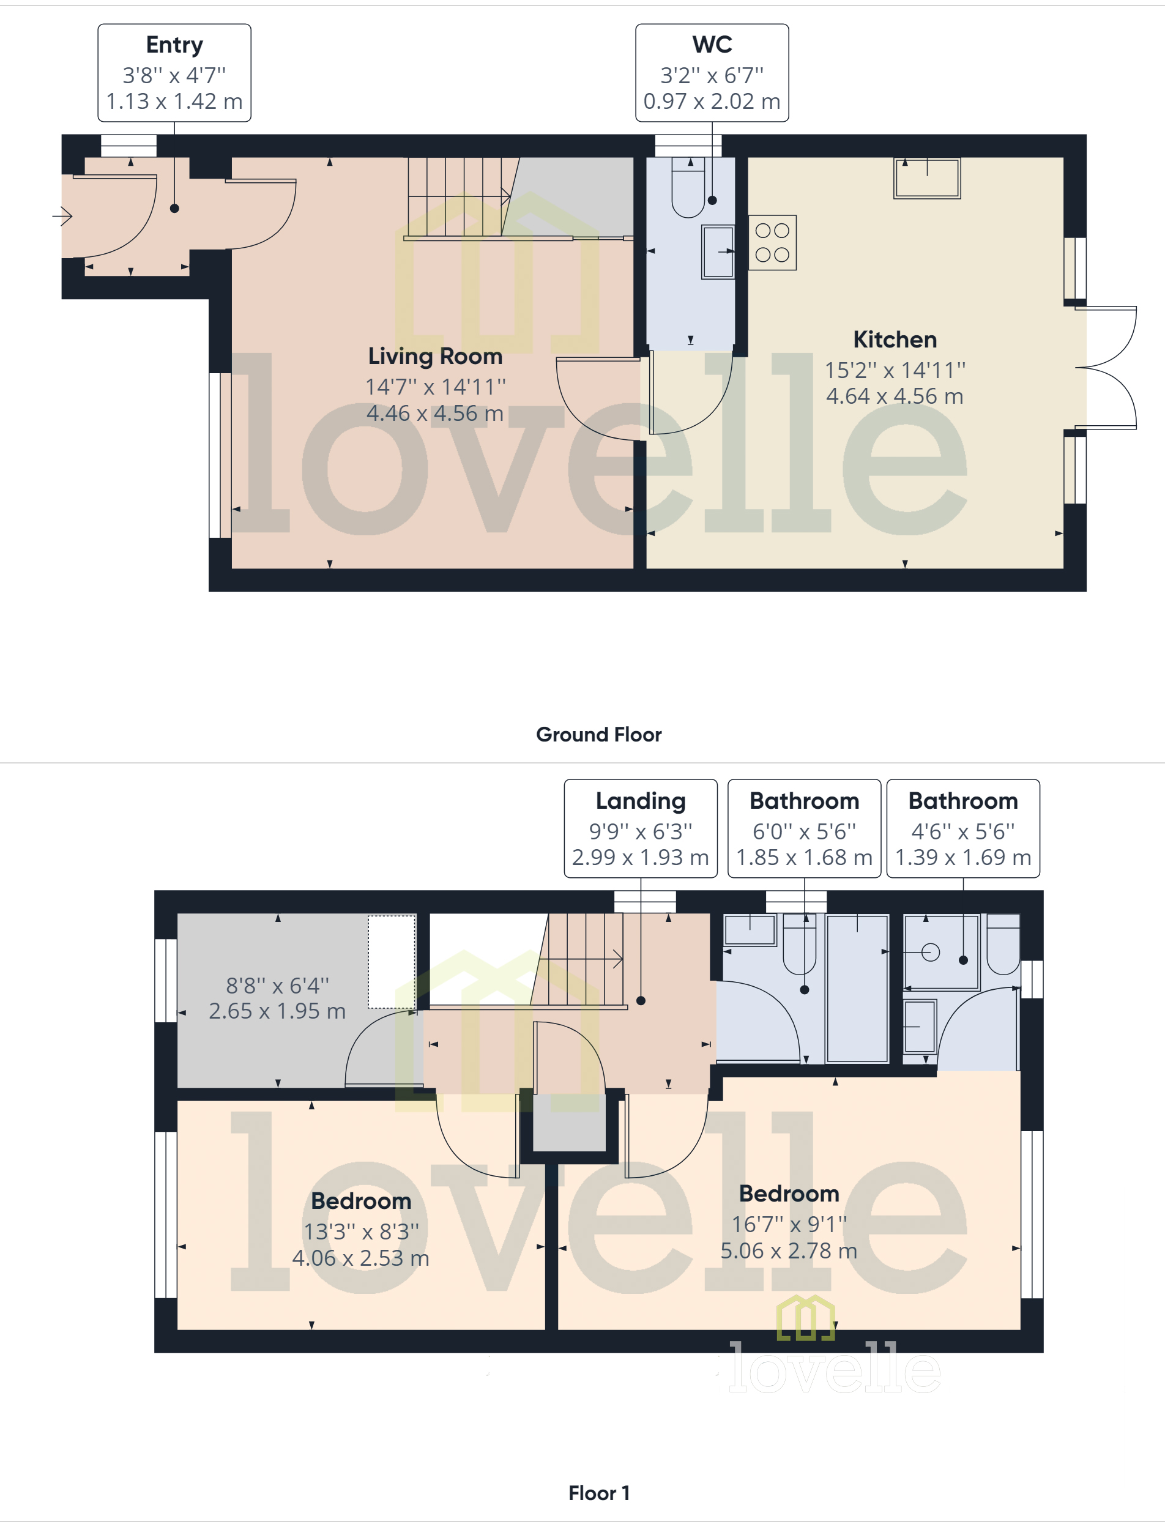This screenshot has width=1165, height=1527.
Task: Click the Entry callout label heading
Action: (x=174, y=45)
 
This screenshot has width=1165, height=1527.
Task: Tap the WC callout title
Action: (x=712, y=45)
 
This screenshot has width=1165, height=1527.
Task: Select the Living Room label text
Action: (x=435, y=356)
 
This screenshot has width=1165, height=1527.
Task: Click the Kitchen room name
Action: (x=895, y=340)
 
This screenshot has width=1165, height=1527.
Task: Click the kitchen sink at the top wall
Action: (x=926, y=178)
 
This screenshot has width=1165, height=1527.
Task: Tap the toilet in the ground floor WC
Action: (x=688, y=191)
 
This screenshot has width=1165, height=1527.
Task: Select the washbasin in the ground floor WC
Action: (x=718, y=251)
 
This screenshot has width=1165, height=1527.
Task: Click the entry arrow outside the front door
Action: (x=62, y=216)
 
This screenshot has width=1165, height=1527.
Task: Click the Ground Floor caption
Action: (x=598, y=735)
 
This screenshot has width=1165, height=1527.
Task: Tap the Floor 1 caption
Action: (x=598, y=1493)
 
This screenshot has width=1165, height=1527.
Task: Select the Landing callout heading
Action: (x=640, y=801)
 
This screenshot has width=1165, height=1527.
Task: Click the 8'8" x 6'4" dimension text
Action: (x=277, y=985)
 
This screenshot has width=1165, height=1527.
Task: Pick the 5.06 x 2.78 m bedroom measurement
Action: (x=789, y=1250)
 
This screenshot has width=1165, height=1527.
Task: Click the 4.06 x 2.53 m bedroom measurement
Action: (x=360, y=1257)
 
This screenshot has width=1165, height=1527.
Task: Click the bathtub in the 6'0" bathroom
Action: (x=858, y=988)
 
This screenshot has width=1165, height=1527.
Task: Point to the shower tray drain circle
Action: (x=931, y=953)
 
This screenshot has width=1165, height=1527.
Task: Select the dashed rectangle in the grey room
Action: (x=392, y=961)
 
